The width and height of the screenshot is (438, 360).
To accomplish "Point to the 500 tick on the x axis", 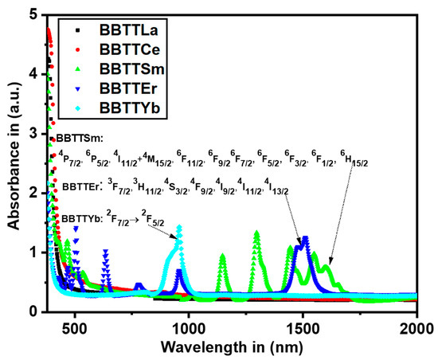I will click(x=75, y=327).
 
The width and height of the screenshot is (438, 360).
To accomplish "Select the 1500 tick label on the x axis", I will click(x=303, y=327).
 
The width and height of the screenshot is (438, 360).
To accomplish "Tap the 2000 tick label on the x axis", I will click(x=416, y=327).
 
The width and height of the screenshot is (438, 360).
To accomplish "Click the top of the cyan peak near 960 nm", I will click(x=179, y=228).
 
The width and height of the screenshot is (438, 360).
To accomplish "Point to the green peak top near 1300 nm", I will click(x=256, y=233).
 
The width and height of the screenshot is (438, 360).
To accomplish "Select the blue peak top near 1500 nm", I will click(x=304, y=238).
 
